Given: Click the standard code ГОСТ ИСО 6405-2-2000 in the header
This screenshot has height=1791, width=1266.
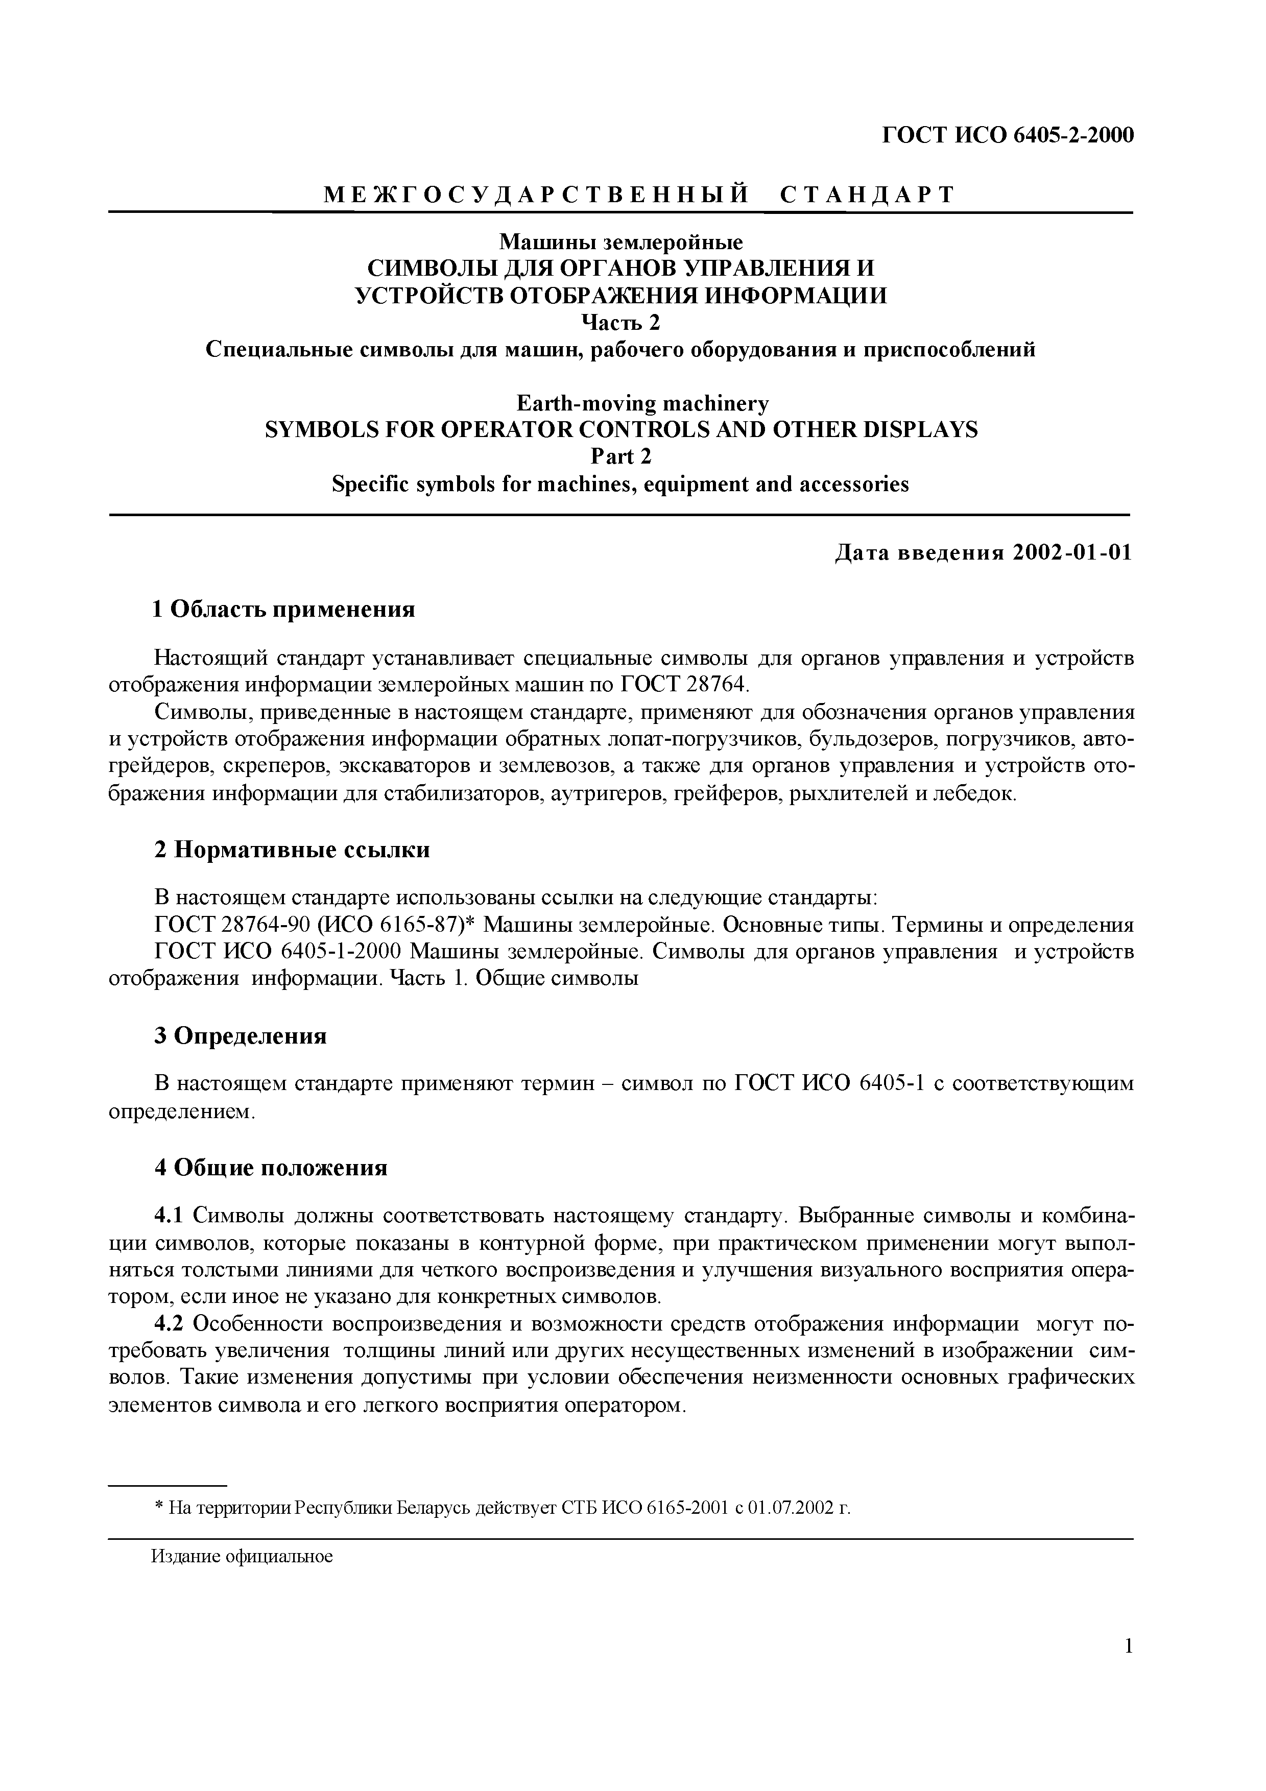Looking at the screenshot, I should pos(1007,135).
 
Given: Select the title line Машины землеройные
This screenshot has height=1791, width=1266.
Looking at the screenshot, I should pos(621,242).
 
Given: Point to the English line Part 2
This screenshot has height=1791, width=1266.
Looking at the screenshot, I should pos(621,456).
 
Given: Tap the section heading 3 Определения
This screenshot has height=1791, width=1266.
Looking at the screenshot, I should pos(240,1036).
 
